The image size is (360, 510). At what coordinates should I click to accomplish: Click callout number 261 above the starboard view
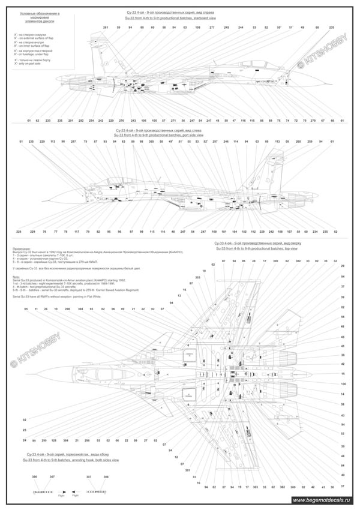pyautogui.click(x=106, y=28)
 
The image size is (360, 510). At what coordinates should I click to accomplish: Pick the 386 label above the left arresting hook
pyautogui.click(x=34, y=476)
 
